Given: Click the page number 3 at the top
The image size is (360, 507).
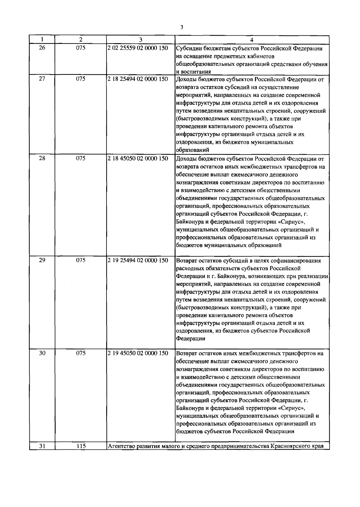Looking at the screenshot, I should (x=181, y=28).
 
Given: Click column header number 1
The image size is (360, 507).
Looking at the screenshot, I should (x=42, y=40).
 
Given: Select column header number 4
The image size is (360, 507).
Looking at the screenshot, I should (x=252, y=40).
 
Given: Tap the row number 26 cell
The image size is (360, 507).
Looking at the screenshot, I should (x=42, y=47).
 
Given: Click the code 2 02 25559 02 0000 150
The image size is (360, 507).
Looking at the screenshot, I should (x=138, y=48).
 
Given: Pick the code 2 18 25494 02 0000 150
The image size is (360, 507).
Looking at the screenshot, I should (x=138, y=79).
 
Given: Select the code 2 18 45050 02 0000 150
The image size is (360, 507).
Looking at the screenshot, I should (x=138, y=158).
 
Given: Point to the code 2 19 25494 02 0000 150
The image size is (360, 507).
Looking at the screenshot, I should (x=138, y=260).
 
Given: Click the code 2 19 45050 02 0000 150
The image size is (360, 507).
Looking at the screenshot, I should (x=138, y=353).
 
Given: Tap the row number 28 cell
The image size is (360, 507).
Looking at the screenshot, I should (x=42, y=158).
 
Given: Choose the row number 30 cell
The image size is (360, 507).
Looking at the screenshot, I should (x=42, y=353).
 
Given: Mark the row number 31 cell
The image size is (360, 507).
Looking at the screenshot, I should (x=42, y=446).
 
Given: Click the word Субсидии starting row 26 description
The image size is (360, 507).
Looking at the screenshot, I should (x=188, y=49).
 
